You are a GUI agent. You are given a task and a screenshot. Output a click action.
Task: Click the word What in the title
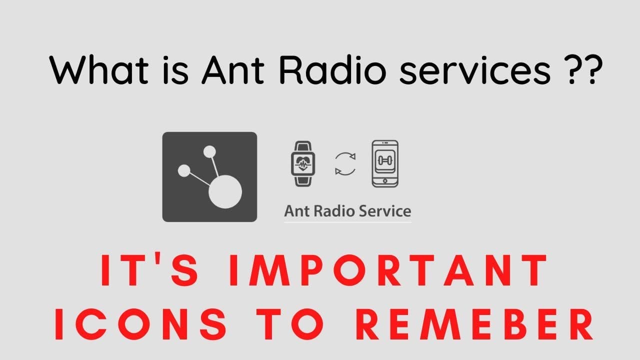[x=99, y=69]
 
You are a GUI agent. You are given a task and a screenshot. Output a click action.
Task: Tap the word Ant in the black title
[x=233, y=69]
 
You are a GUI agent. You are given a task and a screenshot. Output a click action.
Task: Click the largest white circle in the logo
[x=225, y=191]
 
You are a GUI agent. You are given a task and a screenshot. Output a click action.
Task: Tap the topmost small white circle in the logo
[x=209, y=151]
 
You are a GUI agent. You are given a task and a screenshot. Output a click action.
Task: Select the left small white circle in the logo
[x=184, y=170]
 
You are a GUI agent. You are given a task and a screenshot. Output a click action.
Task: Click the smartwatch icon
[x=303, y=163]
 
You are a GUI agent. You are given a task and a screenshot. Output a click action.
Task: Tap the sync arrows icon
[x=345, y=163]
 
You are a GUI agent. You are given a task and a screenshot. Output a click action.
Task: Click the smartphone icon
[x=385, y=163]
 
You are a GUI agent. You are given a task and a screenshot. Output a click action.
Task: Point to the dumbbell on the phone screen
[x=385, y=160]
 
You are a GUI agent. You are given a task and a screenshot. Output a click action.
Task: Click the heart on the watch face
[x=303, y=163]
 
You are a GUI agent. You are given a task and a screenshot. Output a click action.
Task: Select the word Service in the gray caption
[x=385, y=211]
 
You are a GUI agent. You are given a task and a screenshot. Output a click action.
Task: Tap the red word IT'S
[x=149, y=270]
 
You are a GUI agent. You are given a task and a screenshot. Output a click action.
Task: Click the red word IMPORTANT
[x=388, y=270]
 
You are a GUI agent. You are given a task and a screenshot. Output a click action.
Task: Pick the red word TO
[x=290, y=323]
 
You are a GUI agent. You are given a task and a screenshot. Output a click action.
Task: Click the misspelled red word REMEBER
[x=474, y=323]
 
